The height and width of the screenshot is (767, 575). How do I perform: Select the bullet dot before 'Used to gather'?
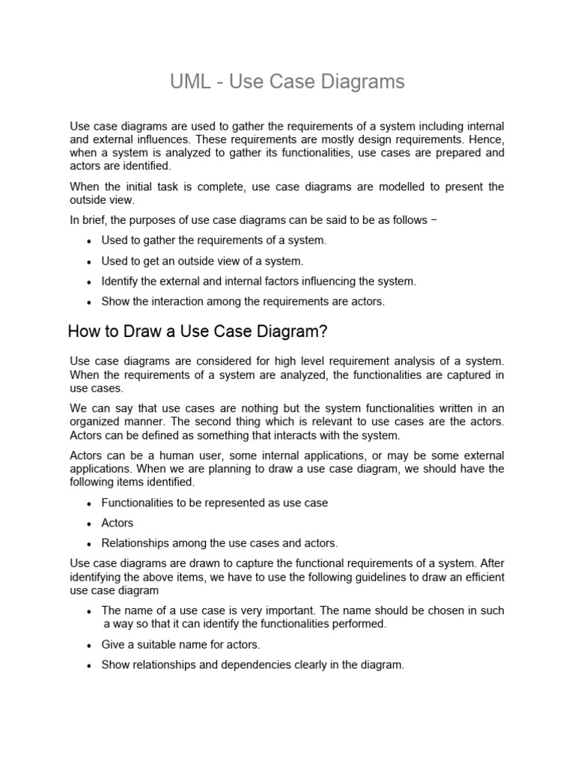pyautogui.click(x=89, y=241)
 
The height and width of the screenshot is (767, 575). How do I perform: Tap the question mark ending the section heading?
pyautogui.click(x=325, y=331)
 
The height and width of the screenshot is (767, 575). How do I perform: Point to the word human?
pyautogui.click(x=174, y=455)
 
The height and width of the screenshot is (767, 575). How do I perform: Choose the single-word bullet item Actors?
pyautogui.click(x=117, y=523)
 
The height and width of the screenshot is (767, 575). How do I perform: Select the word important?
pyautogui.click(x=313, y=610)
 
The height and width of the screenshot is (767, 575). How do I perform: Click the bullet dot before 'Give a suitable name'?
pyautogui.click(x=89, y=645)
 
